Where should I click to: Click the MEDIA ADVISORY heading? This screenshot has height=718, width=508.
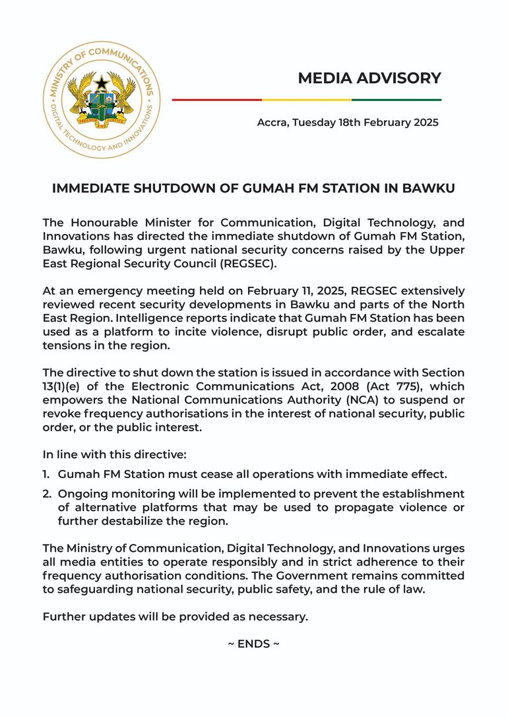click(x=369, y=78)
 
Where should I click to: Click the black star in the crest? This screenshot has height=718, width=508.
click(x=101, y=83)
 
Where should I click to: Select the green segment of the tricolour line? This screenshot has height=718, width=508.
click(x=396, y=100)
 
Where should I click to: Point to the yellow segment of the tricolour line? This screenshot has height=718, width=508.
click(x=306, y=100)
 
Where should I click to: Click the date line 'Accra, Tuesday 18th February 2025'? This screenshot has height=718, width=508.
click(x=348, y=123)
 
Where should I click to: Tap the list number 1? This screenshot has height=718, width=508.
click(x=46, y=474)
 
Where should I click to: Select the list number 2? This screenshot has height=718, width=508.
click(x=47, y=494)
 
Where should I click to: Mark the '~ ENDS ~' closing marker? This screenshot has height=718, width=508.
click(x=253, y=644)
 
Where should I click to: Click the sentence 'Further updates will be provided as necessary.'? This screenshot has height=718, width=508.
click(x=175, y=617)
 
